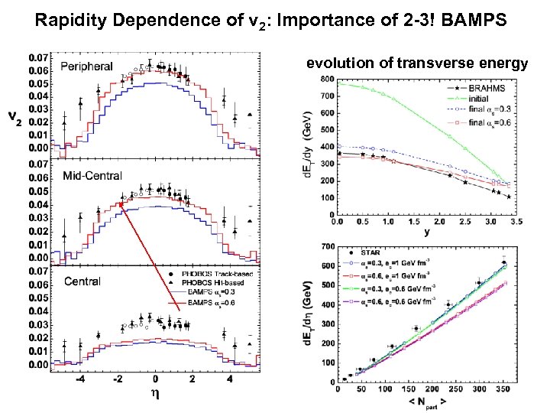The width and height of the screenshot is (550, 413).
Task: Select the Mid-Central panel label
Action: point(92,175)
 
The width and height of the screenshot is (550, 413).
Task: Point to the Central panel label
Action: point(82,281)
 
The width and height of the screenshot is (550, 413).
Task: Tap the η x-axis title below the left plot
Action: point(156,398)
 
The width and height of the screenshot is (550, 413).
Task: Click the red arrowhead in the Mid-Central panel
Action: point(121,203)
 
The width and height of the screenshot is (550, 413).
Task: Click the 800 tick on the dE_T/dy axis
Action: point(325,79)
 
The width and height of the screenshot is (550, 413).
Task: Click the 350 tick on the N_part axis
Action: point(500,389)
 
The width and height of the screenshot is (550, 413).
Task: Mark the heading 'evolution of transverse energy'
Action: point(417,63)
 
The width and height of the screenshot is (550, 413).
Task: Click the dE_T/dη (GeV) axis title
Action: point(307,314)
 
